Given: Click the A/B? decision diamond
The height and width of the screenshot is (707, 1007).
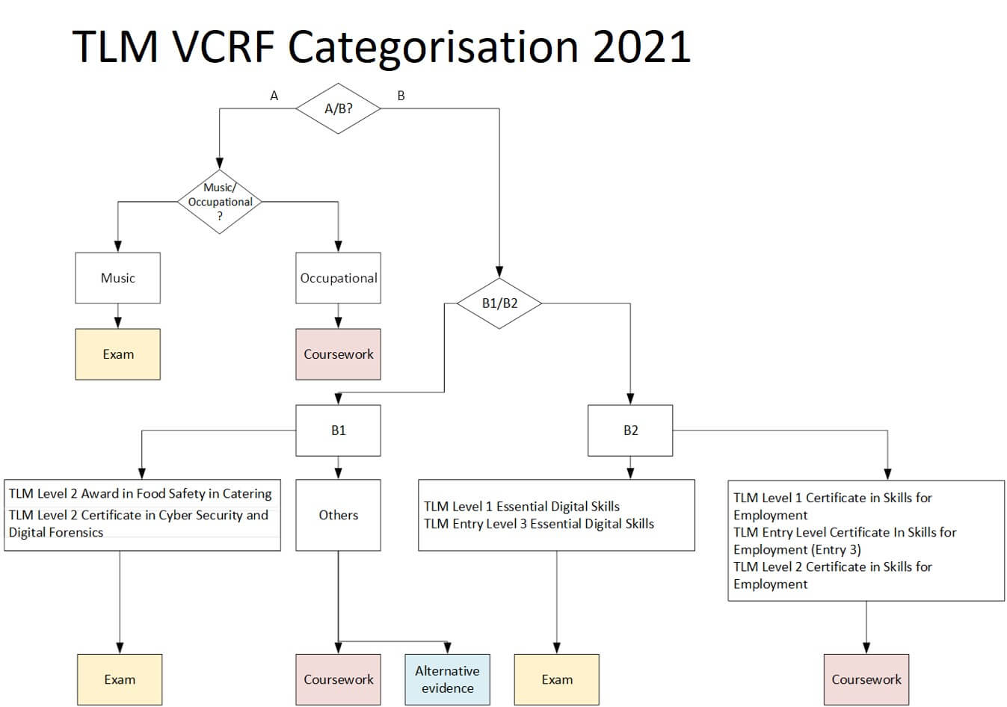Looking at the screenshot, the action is pyautogui.click(x=338, y=108).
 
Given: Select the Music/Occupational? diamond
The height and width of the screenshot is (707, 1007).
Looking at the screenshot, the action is pyautogui.click(x=219, y=202).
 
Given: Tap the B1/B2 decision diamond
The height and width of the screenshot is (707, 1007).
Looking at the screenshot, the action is pyautogui.click(x=499, y=303).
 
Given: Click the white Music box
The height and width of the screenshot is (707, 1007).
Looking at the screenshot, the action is pyautogui.click(x=118, y=278).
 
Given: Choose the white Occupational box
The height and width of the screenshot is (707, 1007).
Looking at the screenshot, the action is pyautogui.click(x=338, y=278).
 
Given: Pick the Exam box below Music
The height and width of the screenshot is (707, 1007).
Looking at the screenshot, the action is pyautogui.click(x=118, y=354).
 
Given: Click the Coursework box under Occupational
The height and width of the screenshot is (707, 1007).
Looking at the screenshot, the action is pyautogui.click(x=338, y=354).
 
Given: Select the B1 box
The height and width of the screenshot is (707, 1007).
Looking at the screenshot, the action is pyautogui.click(x=338, y=430).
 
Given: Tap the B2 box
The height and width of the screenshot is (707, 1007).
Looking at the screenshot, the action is pyautogui.click(x=630, y=430).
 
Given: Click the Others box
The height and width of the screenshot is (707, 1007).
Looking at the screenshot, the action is pyautogui.click(x=338, y=515).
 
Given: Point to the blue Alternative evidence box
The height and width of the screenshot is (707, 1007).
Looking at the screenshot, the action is pyautogui.click(x=447, y=679).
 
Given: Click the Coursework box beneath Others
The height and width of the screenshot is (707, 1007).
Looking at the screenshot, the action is pyautogui.click(x=338, y=679).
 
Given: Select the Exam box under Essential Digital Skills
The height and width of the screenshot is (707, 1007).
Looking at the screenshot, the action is pyautogui.click(x=556, y=679).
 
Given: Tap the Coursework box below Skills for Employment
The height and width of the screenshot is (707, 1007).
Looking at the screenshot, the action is pyautogui.click(x=866, y=679).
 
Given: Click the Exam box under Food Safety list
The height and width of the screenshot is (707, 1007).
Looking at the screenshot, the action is pyautogui.click(x=120, y=679).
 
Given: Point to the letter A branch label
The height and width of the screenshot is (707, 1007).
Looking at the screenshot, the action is pyautogui.click(x=274, y=96).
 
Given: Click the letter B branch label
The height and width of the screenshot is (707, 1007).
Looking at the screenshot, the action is pyautogui.click(x=401, y=96).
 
